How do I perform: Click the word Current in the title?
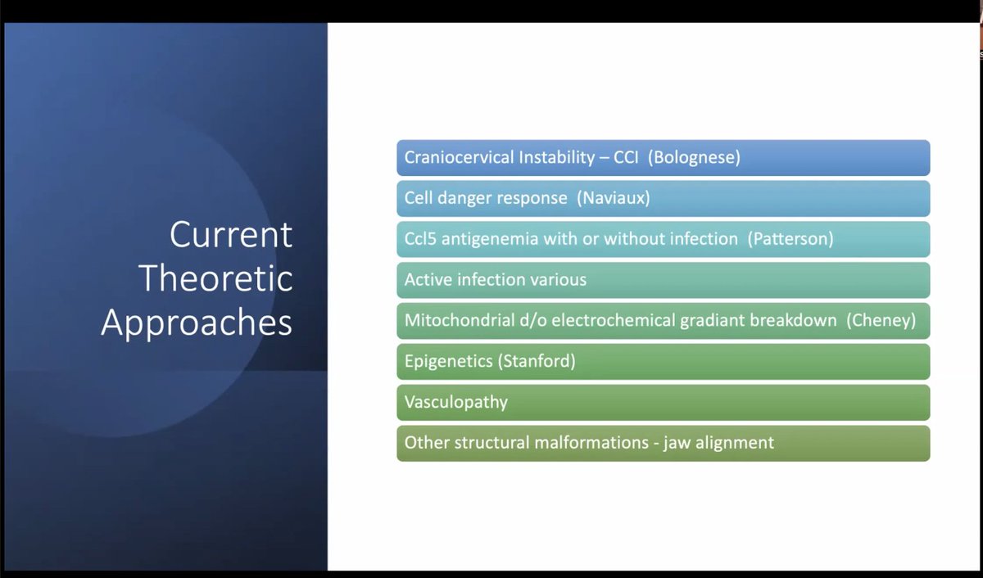(231, 235)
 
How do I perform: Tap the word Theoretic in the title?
(215, 278)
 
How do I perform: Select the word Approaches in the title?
(197, 323)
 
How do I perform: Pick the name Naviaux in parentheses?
(613, 198)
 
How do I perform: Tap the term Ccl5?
(420, 239)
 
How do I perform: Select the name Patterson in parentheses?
(790, 239)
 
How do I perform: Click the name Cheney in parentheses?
(881, 321)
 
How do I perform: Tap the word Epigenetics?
(449, 362)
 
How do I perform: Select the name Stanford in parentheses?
(537, 361)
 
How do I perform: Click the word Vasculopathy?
(456, 403)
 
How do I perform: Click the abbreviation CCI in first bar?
(626, 157)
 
